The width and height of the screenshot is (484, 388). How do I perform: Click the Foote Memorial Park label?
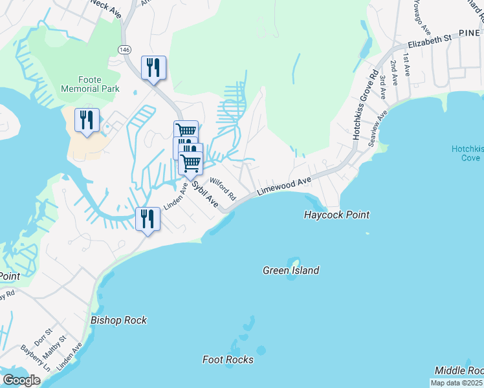[81, 84]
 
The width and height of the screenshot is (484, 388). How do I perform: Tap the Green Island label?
[291, 270]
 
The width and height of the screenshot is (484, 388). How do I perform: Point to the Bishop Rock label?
[118, 320]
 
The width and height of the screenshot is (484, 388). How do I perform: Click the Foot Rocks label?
[228, 360]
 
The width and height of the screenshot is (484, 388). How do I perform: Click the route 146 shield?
[124, 50]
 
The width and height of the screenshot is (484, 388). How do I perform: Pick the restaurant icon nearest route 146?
[153, 67]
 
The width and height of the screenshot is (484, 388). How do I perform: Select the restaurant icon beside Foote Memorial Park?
[86, 119]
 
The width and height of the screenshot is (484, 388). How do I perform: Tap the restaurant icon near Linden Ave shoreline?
[148, 219]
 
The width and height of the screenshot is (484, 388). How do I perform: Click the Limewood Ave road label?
[285, 186]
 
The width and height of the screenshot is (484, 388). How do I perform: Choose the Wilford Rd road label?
[222, 189]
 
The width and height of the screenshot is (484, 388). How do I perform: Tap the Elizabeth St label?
[429, 42]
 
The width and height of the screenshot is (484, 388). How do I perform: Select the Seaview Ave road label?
[378, 127]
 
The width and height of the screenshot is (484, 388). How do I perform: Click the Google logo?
[21, 380]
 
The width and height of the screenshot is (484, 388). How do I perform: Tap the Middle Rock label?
[458, 370]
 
